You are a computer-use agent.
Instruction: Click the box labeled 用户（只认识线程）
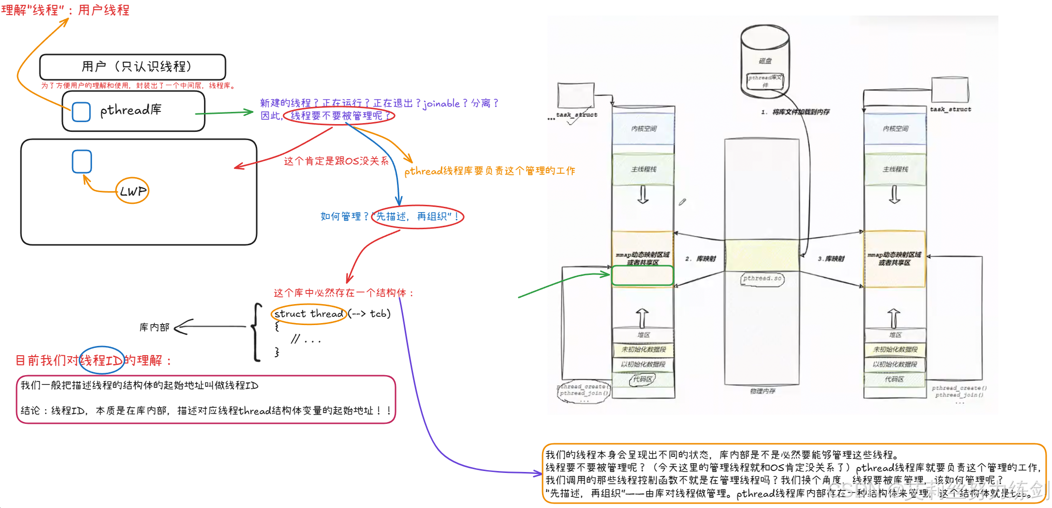[132, 67]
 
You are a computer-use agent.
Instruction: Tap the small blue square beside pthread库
[81, 111]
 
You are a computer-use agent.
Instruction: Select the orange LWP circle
[132, 191]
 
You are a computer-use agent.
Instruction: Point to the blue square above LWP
[82, 161]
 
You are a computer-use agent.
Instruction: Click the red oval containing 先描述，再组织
[417, 217]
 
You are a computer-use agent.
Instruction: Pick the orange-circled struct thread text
[309, 314]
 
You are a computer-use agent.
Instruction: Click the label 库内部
[154, 327]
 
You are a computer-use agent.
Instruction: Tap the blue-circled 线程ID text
[101, 360]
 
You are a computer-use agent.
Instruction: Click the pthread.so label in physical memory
[762, 278]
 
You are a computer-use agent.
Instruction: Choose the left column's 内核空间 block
[643, 128]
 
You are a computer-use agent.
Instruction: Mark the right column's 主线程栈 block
[895, 169]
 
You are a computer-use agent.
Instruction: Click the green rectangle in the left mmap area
[642, 275]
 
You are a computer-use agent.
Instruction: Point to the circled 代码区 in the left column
[642, 379]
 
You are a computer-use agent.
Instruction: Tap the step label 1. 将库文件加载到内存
[795, 112]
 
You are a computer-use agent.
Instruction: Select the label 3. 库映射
[831, 259]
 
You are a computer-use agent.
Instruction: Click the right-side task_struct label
[950, 109]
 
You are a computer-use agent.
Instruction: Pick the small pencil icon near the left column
[682, 201]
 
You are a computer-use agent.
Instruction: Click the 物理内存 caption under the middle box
[762, 391]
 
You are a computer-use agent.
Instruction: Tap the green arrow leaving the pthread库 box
[224, 113]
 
